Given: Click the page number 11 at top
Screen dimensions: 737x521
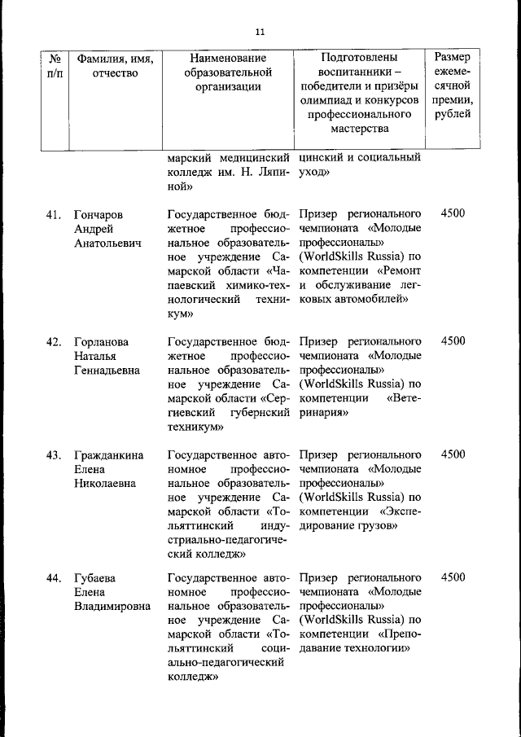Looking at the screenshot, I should coord(260,32).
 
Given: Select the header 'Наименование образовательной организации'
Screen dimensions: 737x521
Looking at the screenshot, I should coord(227,73).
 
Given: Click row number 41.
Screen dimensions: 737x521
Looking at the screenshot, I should coord(54,215).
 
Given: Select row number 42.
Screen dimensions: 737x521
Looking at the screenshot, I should coord(54,340).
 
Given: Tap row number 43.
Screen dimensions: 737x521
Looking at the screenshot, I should coord(54,454).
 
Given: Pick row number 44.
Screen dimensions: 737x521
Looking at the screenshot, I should coord(54,578).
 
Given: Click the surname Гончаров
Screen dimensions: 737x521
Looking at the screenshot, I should coord(98,215).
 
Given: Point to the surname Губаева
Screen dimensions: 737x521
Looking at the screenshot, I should coord(94,578).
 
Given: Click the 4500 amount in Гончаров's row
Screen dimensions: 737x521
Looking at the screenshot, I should coord(453,213).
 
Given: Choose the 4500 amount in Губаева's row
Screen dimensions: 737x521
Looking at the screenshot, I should coord(453,577).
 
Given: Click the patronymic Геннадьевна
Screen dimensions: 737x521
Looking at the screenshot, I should coord(107,370).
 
